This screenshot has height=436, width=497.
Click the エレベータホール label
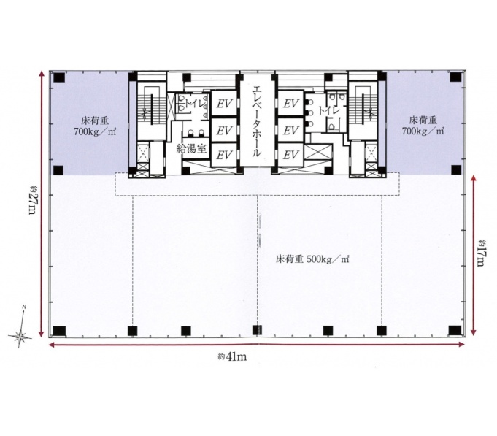256,121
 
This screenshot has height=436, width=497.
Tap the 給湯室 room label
192,148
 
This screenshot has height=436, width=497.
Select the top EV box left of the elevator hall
224,104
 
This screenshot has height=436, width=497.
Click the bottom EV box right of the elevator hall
290,155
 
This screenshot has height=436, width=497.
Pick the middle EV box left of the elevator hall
224,130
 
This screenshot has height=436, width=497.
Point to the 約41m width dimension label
232,356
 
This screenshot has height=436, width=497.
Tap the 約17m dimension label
482,253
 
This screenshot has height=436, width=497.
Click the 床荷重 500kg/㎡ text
312,259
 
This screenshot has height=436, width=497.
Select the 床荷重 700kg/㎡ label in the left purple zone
95,126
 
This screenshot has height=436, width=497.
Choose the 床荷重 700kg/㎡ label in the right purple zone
423,126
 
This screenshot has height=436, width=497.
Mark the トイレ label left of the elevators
196,104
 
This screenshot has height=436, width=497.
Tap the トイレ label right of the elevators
329,111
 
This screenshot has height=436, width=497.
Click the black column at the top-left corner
59,77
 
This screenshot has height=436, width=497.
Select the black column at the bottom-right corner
455,330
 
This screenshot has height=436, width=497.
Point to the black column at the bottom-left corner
59,331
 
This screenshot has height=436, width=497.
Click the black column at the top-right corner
455,77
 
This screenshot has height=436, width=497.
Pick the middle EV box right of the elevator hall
290,130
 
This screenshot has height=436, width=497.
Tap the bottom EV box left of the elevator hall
224,155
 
